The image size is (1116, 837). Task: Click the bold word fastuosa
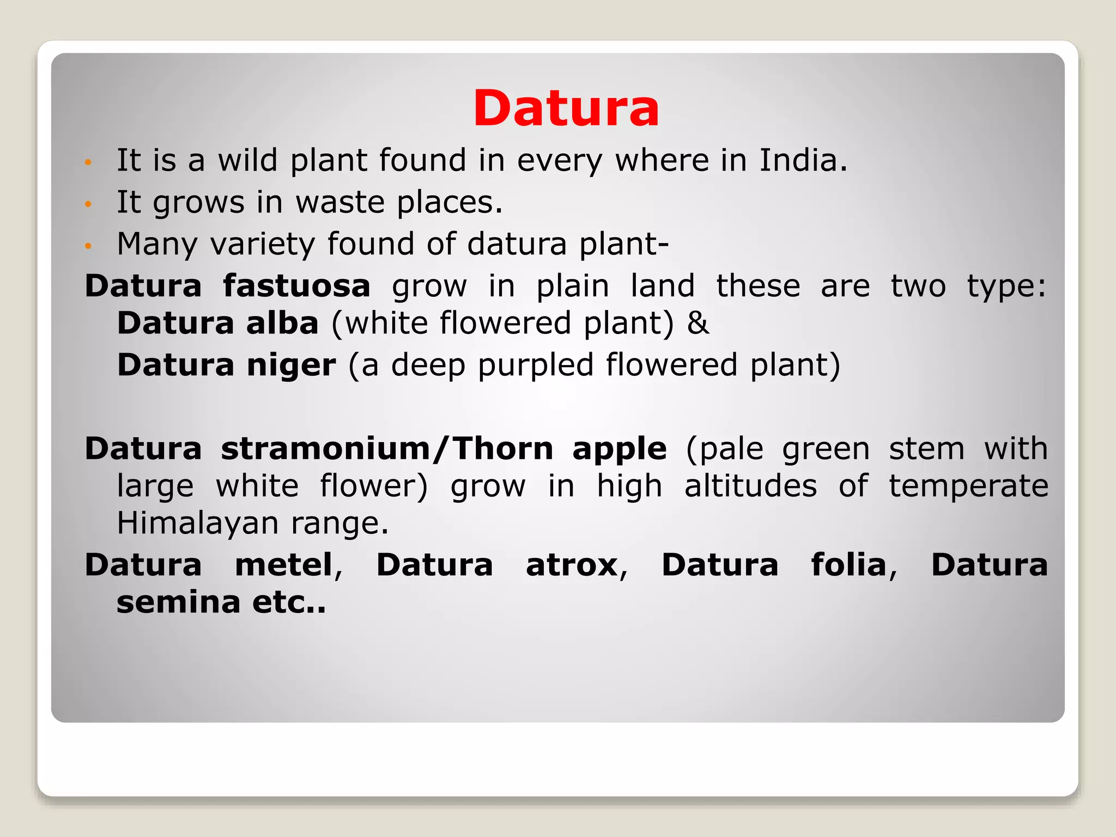[296, 286]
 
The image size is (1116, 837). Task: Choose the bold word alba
[282, 323]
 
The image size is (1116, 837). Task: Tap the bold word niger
[291, 365]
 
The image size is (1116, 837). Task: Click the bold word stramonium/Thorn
[387, 449]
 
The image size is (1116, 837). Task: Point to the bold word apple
[619, 450]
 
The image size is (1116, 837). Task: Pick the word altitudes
[750, 486]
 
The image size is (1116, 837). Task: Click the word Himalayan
[197, 524]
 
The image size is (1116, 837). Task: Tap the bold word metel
[284, 565]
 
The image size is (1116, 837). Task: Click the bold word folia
[849, 565]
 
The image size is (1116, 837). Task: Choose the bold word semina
[178, 602]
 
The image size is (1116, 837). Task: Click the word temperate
[968, 486]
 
